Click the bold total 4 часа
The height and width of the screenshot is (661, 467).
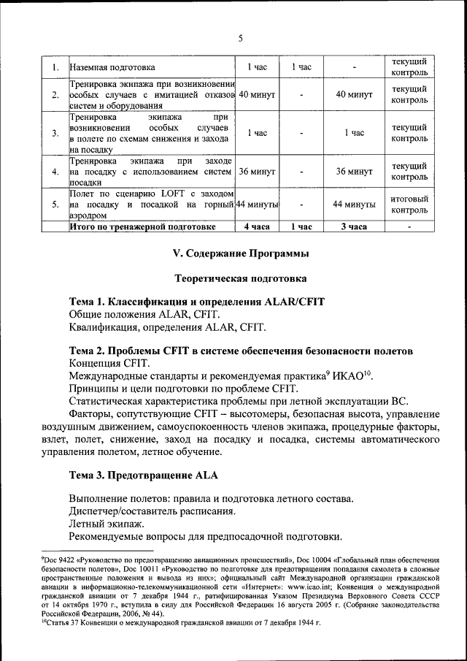[x=256, y=227]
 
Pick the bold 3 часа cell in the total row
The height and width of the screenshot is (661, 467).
[x=354, y=227]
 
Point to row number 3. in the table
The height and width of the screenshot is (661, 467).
[x=55, y=133]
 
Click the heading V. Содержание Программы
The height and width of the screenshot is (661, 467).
[x=240, y=253]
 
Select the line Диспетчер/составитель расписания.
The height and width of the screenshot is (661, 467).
[x=152, y=511]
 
